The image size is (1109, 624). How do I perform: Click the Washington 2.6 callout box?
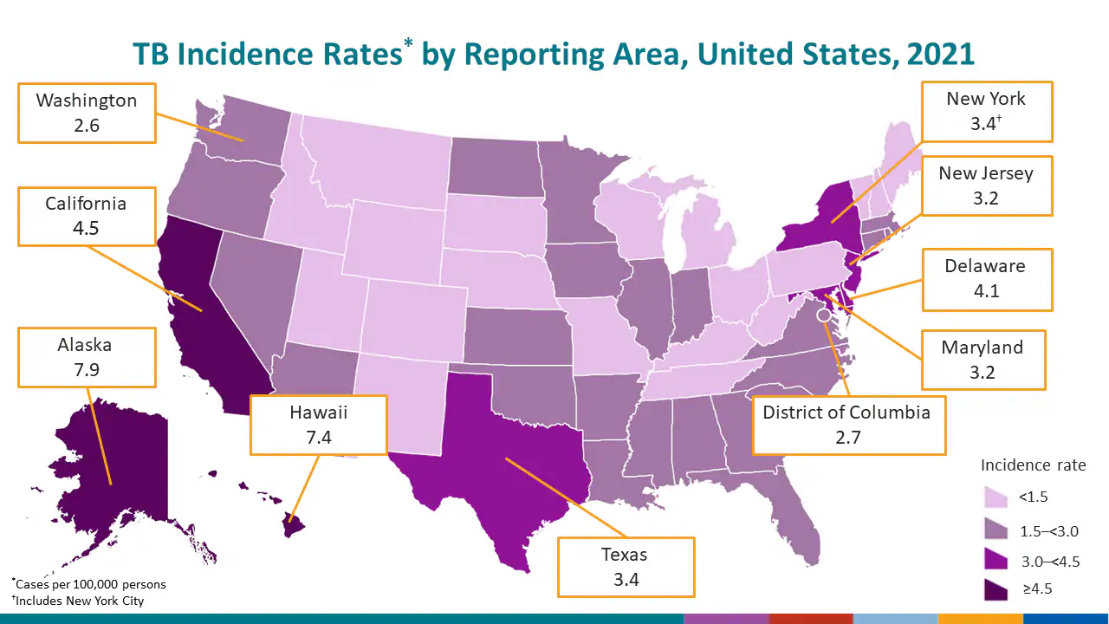pos(87,113)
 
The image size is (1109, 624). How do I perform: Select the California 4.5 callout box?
pos(87,216)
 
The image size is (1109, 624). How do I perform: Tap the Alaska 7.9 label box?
pos(85,357)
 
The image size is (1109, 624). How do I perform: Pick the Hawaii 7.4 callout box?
pos(318,425)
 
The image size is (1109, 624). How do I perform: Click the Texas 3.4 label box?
pos(626,567)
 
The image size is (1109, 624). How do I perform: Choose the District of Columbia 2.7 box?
pos(847,424)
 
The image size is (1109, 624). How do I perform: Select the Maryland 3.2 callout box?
pos(983,360)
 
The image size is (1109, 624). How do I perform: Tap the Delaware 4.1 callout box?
pos(986,279)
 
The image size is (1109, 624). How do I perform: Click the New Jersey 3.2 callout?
pos(986,185)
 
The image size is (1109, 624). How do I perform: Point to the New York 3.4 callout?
pos(986,111)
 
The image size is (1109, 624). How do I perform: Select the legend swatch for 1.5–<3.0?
pos(996,530)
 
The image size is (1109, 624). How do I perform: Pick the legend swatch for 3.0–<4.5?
pos(996,561)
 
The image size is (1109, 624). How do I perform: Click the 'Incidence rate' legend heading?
pos(1033,465)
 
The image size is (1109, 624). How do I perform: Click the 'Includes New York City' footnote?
pos(79,601)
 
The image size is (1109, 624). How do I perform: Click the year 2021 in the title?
pos(941,54)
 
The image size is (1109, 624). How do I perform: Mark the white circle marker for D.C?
pos(823,305)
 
